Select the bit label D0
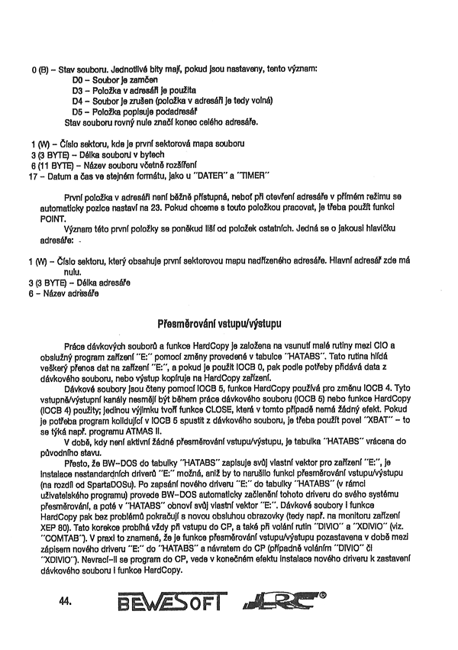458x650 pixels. click(77, 79)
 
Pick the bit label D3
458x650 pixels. click(77, 90)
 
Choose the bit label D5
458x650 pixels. click(77, 112)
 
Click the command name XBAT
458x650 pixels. click(371, 431)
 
